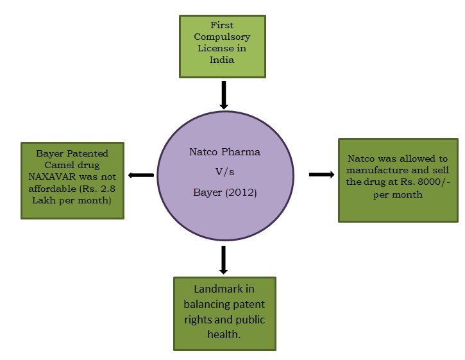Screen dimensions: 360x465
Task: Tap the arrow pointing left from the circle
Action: click(141, 175)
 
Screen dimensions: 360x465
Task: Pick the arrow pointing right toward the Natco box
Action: click(321, 174)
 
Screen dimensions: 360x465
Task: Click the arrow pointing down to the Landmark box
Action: click(224, 259)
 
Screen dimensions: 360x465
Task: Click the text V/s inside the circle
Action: click(224, 172)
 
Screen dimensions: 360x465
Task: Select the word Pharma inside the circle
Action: click(241, 153)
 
